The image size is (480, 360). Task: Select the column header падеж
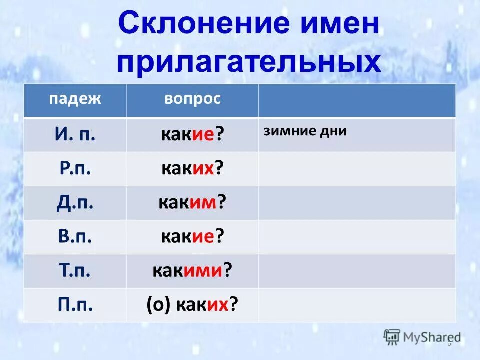coord(75,99)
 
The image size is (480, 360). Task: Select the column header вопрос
coord(192,99)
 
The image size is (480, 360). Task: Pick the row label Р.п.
coord(75,168)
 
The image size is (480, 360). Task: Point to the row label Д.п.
coord(75,202)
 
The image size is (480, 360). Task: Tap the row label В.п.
coord(75,236)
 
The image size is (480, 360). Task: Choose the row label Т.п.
coord(75,270)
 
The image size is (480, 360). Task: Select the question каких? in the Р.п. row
coord(192,169)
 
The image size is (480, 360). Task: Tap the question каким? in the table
coord(192,203)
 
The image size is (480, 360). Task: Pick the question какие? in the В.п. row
coord(192,237)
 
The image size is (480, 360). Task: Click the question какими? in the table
coord(192,271)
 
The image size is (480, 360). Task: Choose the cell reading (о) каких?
coord(192,304)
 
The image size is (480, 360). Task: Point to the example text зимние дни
coord(305,131)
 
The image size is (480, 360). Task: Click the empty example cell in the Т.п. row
coord(357,270)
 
